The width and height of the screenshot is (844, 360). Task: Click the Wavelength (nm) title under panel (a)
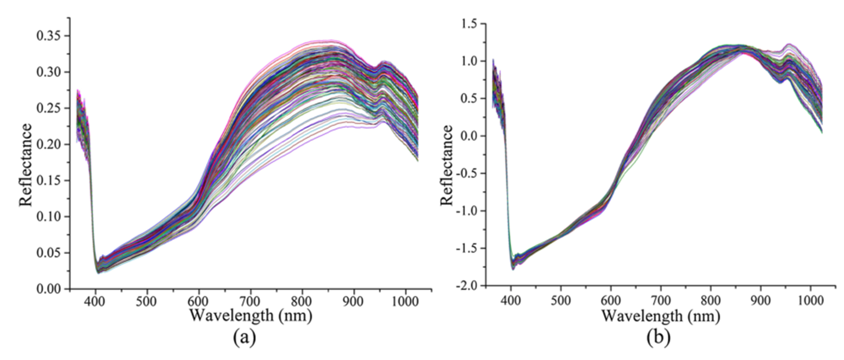[x=250, y=316]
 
